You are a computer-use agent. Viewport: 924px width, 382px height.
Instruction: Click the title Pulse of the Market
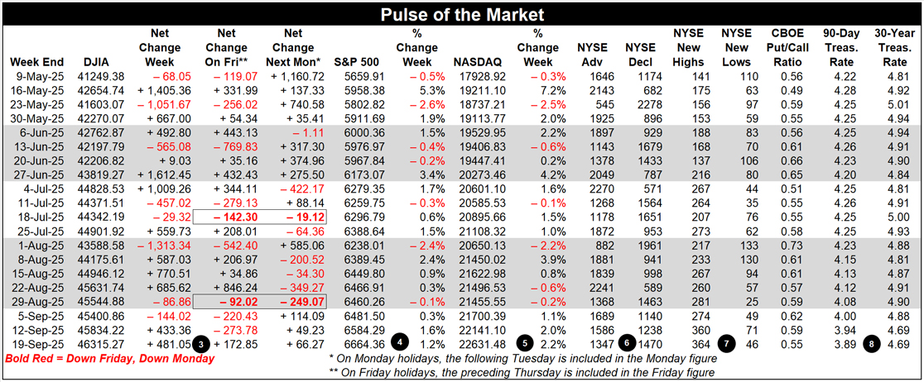pos(461,15)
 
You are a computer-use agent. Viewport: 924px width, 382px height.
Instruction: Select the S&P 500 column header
pos(355,62)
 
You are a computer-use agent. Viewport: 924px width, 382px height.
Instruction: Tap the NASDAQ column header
pos(478,62)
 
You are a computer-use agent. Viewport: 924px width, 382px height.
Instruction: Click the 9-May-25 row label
pos(36,75)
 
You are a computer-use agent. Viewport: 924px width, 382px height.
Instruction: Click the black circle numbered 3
pos(200,344)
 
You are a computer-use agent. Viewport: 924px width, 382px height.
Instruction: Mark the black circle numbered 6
pos(629,344)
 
